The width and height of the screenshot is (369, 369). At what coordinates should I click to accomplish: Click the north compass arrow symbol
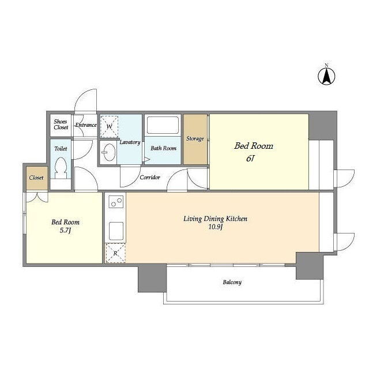pos(326,75)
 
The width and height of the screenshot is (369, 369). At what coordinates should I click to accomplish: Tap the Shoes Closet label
pos(61,125)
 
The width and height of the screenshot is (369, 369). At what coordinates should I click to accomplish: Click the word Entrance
pos(86,125)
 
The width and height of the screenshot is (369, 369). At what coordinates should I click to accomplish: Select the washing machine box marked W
pos(109,126)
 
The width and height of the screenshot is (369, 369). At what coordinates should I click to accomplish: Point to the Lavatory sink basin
pos(110,152)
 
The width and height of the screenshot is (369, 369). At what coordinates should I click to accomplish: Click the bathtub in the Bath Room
pos(163,125)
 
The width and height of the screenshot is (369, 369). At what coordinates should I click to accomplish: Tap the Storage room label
pos(195,138)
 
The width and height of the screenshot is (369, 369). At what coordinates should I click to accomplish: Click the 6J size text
pos(250,159)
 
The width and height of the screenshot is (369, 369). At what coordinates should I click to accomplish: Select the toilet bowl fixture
pos(61,168)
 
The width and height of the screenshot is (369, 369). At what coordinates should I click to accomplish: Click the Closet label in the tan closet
pos(36,178)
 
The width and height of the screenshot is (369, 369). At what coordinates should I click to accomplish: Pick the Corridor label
pos(150,177)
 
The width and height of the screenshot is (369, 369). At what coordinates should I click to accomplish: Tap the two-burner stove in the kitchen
pos(116,202)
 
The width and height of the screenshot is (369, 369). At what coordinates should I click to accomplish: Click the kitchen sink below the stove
pos(116,231)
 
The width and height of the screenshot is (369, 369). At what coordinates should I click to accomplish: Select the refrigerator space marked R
pos(115,253)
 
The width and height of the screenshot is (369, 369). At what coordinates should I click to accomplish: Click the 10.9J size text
pos(216,227)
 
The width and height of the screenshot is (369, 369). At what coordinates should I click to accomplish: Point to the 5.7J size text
pos(65,231)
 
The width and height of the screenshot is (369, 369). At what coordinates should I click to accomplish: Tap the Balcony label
pos(232,282)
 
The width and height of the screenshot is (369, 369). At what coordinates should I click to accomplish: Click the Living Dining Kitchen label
pos(215,219)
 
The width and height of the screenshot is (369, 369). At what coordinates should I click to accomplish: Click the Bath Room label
pos(164,148)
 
